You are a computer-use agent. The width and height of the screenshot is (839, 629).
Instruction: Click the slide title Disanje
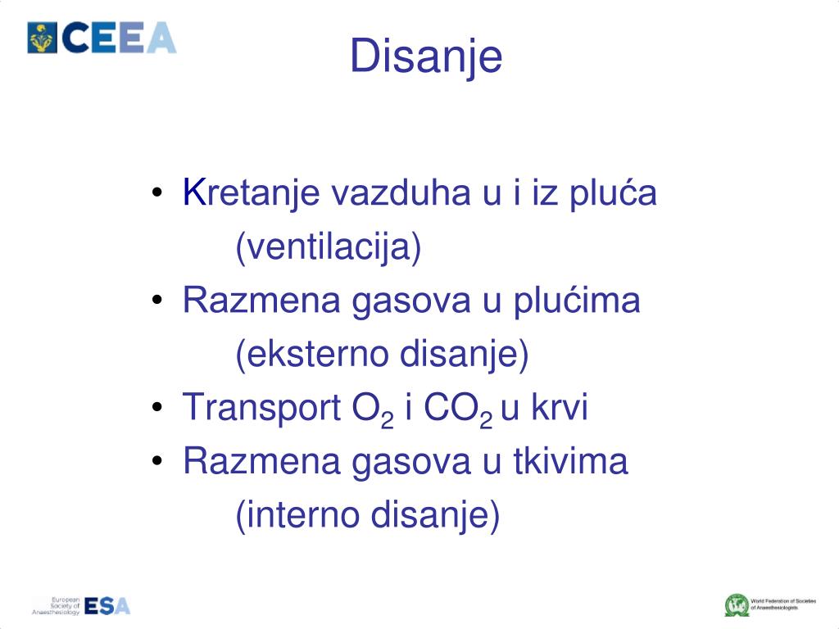point(426,58)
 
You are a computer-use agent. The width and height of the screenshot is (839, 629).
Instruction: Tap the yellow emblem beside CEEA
point(43,38)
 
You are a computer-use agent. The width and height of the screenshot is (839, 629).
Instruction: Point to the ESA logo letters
point(107,605)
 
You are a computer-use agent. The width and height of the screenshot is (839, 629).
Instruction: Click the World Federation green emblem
point(736,605)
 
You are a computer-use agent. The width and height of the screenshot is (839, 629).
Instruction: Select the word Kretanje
point(253,194)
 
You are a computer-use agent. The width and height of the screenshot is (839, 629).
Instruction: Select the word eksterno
point(313,355)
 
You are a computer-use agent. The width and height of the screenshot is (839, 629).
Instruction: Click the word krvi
point(560,408)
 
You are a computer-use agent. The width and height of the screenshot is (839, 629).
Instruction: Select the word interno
point(302,515)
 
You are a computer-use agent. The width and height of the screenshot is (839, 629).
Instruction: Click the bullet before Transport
point(157,409)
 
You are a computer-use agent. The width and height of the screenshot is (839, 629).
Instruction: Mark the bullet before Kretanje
point(157,195)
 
